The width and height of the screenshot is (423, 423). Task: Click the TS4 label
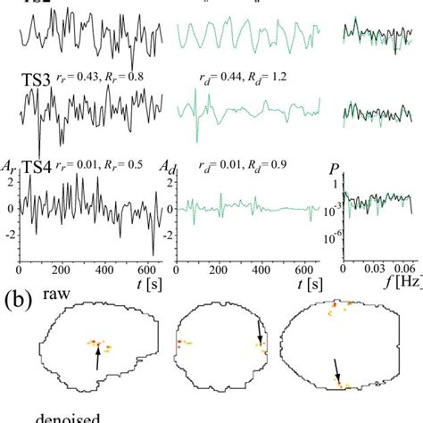37,166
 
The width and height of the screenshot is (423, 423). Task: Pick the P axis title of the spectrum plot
336,166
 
